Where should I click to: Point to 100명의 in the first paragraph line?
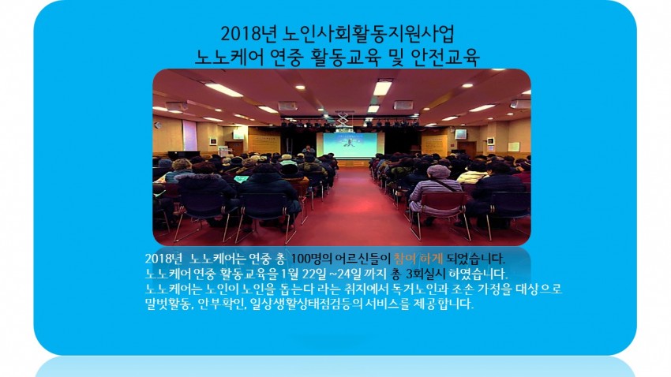[x=313, y=259]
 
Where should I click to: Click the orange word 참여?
[x=404, y=259]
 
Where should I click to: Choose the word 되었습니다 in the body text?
[x=476, y=259]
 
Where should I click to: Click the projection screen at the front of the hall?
[x=350, y=145]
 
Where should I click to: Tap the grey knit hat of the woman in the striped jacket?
[x=438, y=171]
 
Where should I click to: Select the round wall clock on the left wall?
[x=158, y=125]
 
